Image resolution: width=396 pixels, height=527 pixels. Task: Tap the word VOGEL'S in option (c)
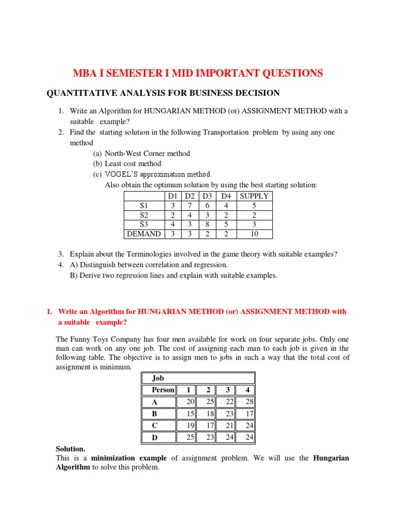tap(122, 174)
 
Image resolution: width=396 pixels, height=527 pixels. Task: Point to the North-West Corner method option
tap(147, 153)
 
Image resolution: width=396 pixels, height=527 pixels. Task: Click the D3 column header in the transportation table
tap(207, 196)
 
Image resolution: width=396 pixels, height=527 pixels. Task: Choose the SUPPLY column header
tap(254, 196)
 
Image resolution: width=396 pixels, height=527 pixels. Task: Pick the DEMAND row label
tap(144, 234)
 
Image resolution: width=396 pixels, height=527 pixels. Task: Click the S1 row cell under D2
tap(189, 205)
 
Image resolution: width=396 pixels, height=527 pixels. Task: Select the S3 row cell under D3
tap(207, 224)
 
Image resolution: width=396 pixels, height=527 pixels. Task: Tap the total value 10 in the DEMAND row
tap(254, 234)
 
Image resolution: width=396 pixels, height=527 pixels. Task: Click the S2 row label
tap(144, 215)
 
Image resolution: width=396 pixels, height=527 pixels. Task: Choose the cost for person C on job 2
tap(205, 425)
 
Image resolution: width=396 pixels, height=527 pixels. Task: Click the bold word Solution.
tap(71, 449)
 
